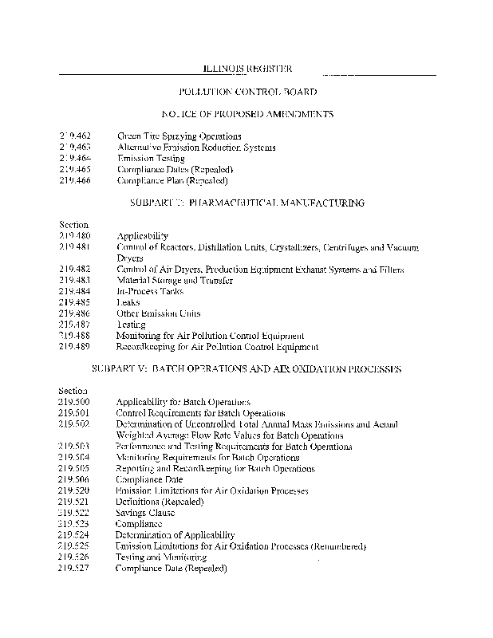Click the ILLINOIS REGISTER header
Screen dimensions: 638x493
246,69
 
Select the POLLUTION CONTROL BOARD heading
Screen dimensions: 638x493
246,93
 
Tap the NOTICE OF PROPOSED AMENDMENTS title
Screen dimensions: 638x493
246,115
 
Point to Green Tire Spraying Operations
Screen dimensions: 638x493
168,136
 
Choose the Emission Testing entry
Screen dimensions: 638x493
145,159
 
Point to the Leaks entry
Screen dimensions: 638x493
128,303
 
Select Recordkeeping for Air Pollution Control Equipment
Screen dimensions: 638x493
217,348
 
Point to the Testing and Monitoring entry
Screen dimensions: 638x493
161,557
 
